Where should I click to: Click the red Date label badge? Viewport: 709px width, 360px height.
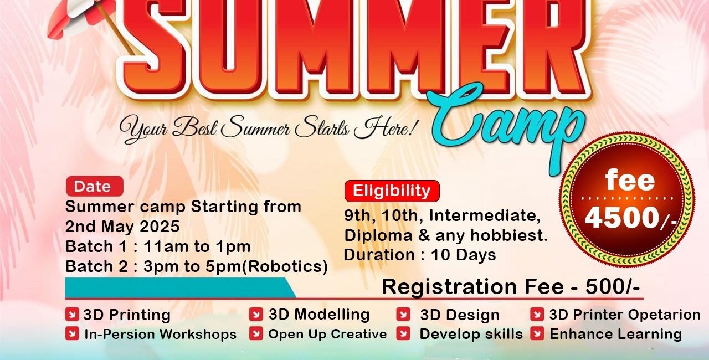(x=95, y=186)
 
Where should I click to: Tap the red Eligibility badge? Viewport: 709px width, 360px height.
(x=392, y=191)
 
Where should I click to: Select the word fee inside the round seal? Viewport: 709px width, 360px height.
(x=630, y=180)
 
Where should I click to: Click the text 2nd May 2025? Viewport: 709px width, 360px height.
(x=122, y=227)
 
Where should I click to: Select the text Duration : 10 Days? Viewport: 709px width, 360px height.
(x=420, y=255)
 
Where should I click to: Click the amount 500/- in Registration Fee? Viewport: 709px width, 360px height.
(x=613, y=287)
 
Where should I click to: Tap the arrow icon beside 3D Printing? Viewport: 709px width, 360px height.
(x=72, y=315)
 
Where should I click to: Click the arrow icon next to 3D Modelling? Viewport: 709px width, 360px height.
(x=256, y=315)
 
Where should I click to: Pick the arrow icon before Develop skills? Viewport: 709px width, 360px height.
(x=403, y=334)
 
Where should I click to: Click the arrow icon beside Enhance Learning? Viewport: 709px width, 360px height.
(x=537, y=334)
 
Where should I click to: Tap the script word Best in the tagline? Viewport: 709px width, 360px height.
(x=194, y=128)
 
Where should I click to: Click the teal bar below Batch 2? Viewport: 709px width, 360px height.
(x=181, y=288)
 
